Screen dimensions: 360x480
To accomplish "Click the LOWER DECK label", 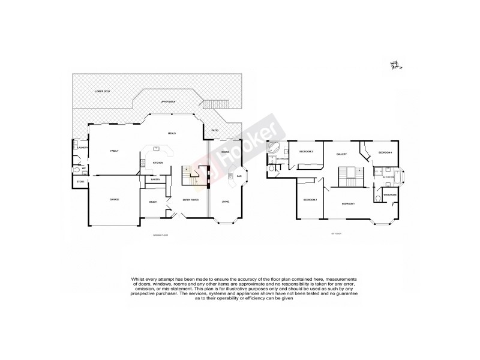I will click(103, 91).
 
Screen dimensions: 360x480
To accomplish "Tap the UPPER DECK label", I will click(167, 102).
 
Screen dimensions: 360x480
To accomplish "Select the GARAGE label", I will click(114, 199).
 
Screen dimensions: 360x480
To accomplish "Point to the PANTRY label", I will click(154, 179).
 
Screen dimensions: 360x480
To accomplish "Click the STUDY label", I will click(153, 202).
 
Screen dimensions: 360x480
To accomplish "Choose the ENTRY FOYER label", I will click(190, 199).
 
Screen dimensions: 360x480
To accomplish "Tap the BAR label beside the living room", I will click(239, 176).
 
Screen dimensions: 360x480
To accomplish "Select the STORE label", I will click(80, 181).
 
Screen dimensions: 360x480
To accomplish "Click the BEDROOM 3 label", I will click(306, 152).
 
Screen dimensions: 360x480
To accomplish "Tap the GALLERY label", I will click(342, 154).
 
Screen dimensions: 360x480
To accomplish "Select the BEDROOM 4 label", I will click(385, 153).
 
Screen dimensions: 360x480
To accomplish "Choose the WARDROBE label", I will click(390, 195).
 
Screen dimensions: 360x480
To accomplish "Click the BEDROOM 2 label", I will click(310, 200).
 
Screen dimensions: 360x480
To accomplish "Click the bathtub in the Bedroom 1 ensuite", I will click(401, 176).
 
